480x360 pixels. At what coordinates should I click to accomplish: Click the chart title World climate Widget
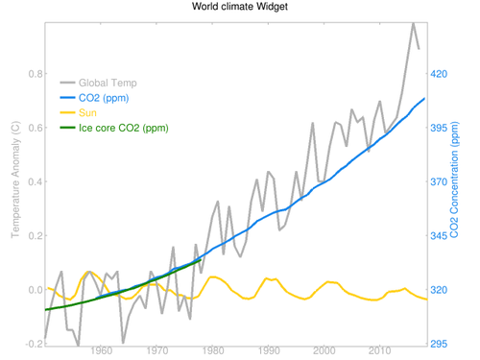239,7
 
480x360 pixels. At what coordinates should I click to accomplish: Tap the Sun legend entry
94,113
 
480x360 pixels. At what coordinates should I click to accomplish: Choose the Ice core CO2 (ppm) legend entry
123,128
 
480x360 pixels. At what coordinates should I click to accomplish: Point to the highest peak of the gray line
412,22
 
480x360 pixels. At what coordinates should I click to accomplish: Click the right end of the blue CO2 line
423,99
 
